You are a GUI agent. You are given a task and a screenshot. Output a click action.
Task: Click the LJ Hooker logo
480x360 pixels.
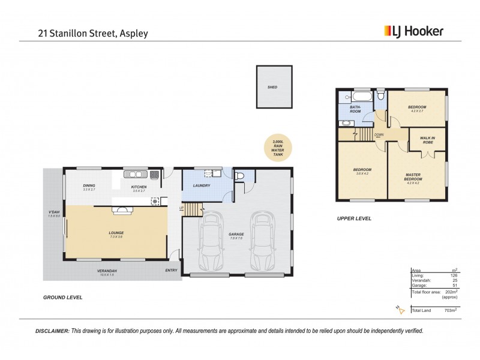click(413, 31)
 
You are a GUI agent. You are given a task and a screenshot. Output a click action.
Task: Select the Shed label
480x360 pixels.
click(272, 87)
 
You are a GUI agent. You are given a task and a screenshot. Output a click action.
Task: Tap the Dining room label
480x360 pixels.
click(89, 186)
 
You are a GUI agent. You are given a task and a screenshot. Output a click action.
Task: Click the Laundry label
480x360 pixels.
click(201, 185)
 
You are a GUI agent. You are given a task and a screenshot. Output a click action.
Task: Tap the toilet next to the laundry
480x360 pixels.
click(240, 176)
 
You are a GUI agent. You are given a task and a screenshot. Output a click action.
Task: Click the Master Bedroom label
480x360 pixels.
click(413, 178)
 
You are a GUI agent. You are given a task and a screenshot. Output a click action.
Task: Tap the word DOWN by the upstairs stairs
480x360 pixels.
click(379, 135)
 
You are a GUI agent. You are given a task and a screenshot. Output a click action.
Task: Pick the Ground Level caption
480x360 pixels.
click(62, 297)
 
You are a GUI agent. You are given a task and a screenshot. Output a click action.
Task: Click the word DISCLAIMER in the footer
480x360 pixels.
click(52, 331)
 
